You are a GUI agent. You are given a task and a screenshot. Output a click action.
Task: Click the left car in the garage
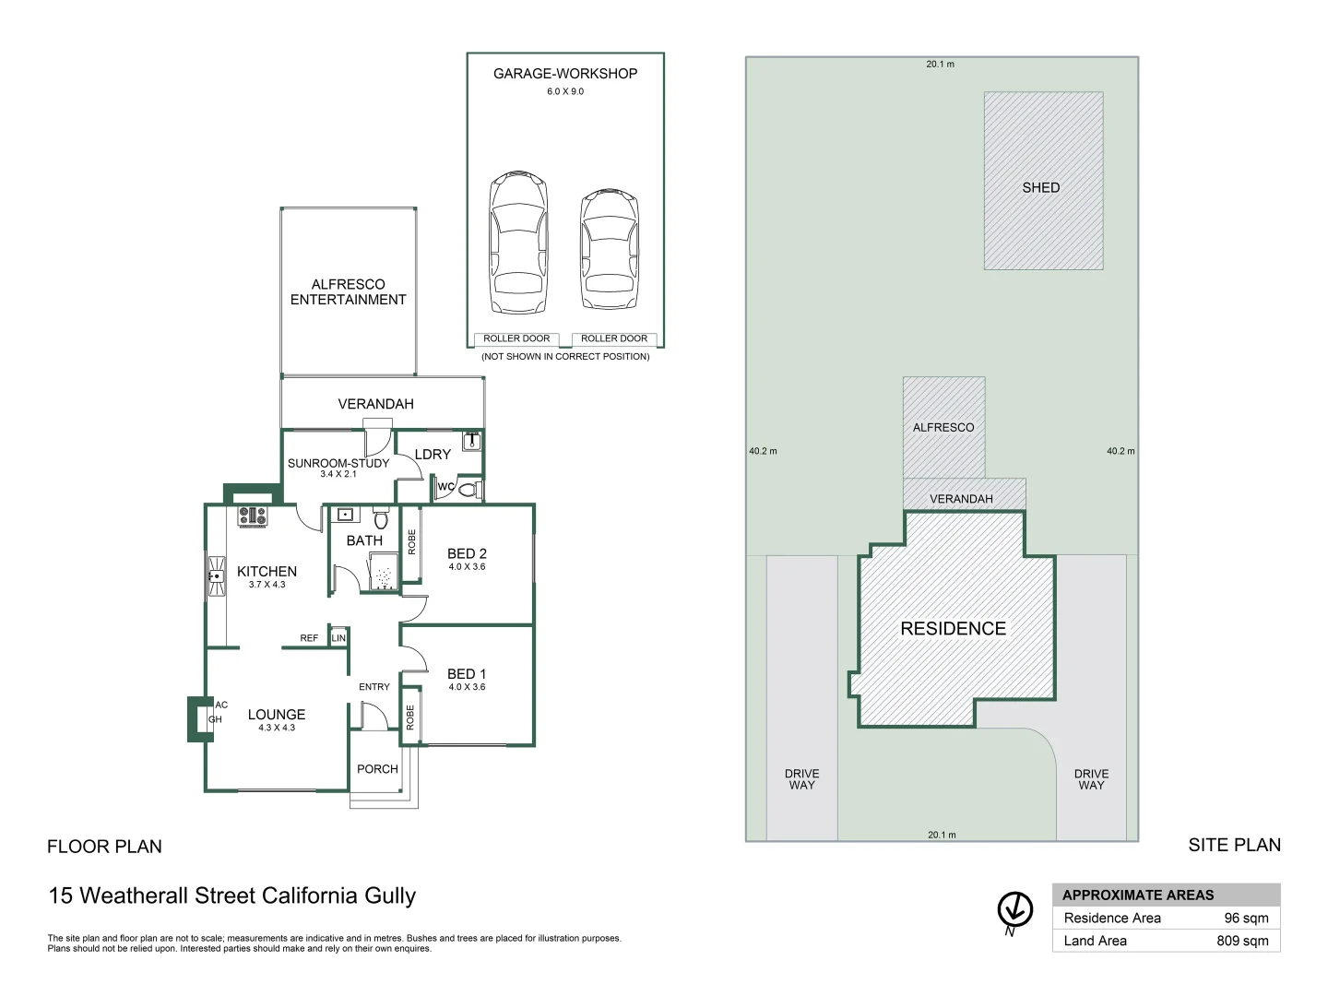pos(518,243)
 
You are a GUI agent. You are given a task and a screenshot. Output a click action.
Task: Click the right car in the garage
pos(609,249)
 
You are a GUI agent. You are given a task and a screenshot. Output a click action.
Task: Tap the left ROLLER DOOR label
pos(516,338)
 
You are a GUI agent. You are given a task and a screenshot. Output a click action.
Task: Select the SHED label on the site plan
pos(1040,187)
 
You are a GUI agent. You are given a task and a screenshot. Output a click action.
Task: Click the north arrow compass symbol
pos(1014,910)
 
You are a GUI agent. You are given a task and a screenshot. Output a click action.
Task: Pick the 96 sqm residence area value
pos(1246,918)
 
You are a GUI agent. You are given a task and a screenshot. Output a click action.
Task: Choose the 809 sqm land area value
pos(1242,941)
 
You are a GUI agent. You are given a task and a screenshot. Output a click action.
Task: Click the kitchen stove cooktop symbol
pos(252,516)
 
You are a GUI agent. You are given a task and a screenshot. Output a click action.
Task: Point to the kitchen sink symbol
pos(216,576)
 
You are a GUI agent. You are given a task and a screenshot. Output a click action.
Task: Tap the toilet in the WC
pos(468,489)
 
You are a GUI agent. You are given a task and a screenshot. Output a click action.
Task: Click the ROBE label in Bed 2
pos(411,542)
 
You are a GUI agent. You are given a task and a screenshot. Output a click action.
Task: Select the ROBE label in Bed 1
pos(410,717)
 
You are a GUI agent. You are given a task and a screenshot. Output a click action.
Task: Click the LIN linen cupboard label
pos(338,638)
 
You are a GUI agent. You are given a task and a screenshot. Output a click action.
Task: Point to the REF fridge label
pos(309,638)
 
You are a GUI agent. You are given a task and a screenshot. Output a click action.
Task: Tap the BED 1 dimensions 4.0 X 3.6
pos(467,687)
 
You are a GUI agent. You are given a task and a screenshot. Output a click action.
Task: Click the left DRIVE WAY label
pos(801,779)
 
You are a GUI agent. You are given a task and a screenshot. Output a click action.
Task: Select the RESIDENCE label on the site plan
pos(953,629)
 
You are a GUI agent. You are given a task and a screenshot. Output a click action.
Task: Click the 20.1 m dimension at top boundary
pos(940,65)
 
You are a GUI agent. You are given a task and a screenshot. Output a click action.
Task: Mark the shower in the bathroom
pos(383,576)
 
